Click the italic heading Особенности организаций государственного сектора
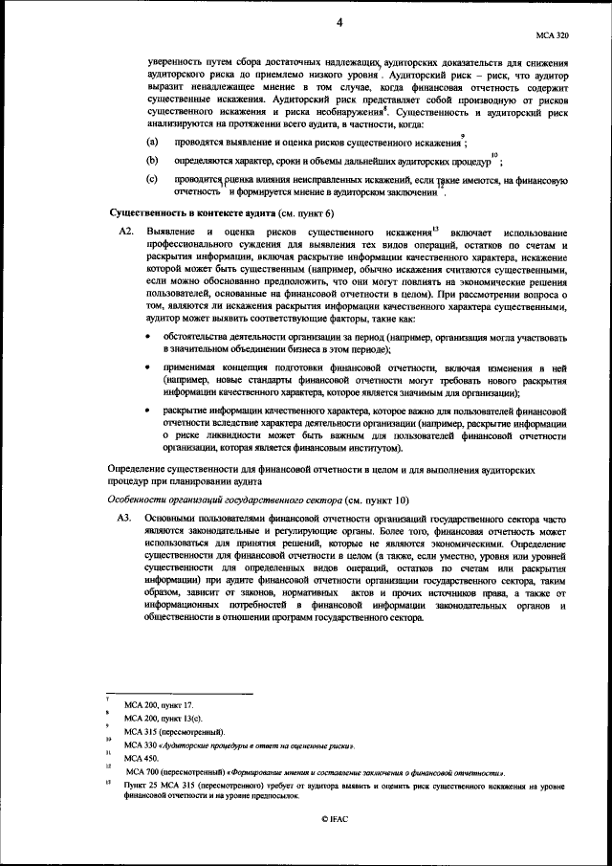pos(219,499)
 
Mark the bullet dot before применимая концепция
pos(145,367)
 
